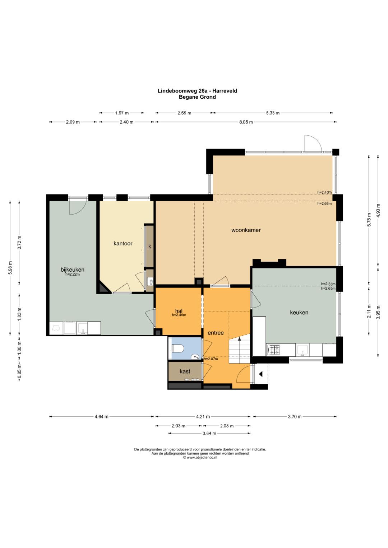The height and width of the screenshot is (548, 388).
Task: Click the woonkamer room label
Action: coord(246,230)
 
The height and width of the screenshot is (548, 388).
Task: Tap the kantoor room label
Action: coord(123,243)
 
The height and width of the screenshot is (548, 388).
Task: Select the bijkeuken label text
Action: coord(73,270)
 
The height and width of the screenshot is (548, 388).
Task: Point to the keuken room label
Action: coord(299,313)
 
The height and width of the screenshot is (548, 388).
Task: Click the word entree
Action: coord(216,333)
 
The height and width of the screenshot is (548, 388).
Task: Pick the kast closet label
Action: coord(185,371)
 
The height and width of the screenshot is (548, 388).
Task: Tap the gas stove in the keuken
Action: coord(274,350)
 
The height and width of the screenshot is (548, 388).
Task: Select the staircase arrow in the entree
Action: coord(239,338)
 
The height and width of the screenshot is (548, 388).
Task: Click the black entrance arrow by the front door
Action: coord(260,374)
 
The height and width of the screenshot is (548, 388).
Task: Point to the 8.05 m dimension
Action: coord(246,122)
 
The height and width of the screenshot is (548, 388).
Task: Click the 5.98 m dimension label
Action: coord(10,268)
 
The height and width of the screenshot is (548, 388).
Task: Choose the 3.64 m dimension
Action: coord(209,433)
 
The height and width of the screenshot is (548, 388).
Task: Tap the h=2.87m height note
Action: coord(211,359)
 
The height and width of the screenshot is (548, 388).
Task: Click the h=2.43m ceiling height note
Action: coord(324,192)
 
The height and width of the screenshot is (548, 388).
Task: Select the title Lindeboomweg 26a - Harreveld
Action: coord(197,91)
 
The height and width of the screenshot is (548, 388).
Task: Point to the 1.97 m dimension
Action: coord(122,113)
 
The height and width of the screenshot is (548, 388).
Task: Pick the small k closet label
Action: coord(150,247)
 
